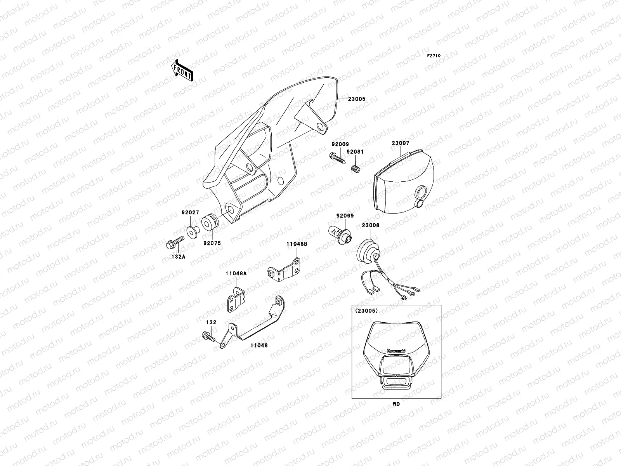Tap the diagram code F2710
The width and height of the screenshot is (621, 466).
click(434, 56)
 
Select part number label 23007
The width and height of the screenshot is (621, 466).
click(400, 143)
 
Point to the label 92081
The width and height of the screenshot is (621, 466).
click(355, 152)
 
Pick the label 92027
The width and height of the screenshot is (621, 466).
click(190, 212)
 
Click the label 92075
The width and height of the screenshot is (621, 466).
click(212, 243)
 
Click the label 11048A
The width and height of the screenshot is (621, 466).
click(236, 273)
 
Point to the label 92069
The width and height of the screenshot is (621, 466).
click(345, 216)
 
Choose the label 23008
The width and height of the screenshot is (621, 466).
click(371, 225)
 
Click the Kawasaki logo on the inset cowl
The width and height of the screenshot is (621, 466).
click(396, 351)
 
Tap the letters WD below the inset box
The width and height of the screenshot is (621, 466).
click(396, 404)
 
